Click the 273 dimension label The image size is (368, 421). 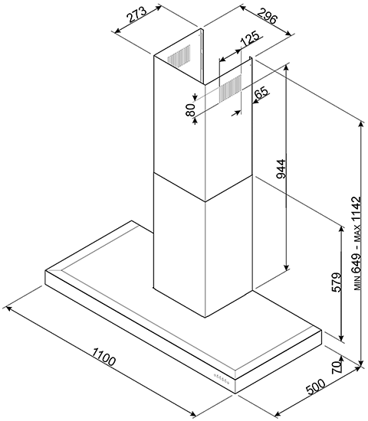(x=137, y=15)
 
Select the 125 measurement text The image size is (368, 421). (x=249, y=38)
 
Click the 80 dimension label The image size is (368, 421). (x=190, y=109)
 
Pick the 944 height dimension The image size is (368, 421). (x=281, y=169)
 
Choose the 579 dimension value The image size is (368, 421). (x=337, y=282)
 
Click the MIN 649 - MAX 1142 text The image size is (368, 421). (x=356, y=243)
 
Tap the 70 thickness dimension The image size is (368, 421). (x=337, y=367)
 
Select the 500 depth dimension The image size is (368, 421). (x=316, y=387)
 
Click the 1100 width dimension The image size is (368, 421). (x=103, y=357)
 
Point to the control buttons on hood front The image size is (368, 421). (x=222, y=379)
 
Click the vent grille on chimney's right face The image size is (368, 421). (x=230, y=88)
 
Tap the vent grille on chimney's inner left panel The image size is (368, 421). (x=179, y=54)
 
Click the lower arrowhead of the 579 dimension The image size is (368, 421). (x=342, y=338)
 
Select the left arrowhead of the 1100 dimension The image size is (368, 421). (x=9, y=308)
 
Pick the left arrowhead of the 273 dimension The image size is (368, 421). (x=117, y=31)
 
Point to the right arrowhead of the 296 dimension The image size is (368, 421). (x=288, y=34)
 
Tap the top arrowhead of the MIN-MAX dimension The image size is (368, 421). (x=360, y=123)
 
